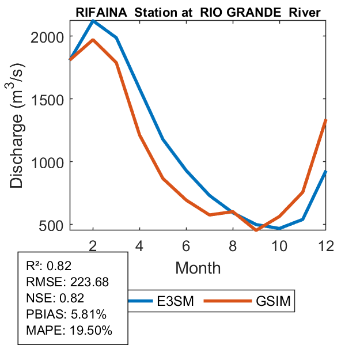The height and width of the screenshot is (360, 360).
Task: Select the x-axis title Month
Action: click(x=198, y=267)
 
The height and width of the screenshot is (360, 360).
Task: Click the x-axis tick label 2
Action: click(x=93, y=244)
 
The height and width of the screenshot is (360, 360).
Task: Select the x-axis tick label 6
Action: click(x=186, y=244)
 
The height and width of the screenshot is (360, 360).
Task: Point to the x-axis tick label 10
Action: click(x=279, y=244)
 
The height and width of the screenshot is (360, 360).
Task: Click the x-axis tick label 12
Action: click(x=326, y=244)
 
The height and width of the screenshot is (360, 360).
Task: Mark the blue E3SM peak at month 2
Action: click(x=93, y=21)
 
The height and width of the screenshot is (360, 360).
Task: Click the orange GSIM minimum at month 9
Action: click(x=256, y=230)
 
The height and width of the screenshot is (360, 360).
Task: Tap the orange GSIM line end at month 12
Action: click(x=326, y=120)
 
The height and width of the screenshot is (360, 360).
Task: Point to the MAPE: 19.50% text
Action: click(x=69, y=331)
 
